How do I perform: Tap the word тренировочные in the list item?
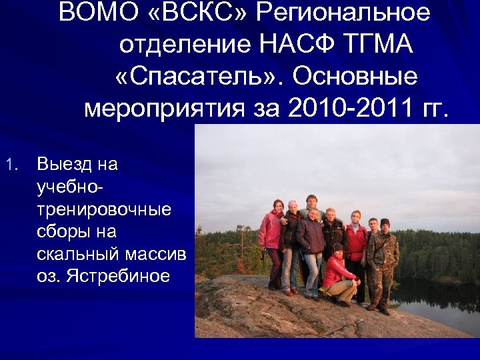(x=104, y=209)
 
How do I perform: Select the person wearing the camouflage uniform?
(x=383, y=260)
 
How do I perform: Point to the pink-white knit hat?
(x=292, y=204)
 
